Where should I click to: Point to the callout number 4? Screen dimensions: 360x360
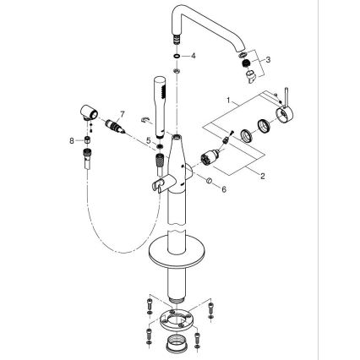click(x=194, y=56)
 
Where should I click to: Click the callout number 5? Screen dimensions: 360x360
click(x=149, y=140)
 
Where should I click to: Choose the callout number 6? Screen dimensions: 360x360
click(x=224, y=190)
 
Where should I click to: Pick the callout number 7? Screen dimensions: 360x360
click(x=123, y=113)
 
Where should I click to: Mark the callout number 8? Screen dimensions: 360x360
click(x=72, y=140)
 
